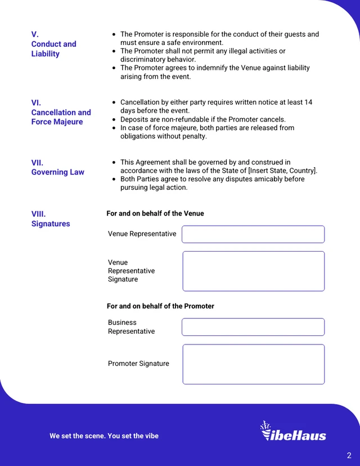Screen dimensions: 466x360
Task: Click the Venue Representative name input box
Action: pyautogui.click(x=253, y=234)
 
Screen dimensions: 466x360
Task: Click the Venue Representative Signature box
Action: pyautogui.click(x=253, y=271)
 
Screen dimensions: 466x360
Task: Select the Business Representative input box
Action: pyautogui.click(x=253, y=327)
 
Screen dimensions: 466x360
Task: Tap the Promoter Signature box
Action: pyautogui.click(x=253, y=364)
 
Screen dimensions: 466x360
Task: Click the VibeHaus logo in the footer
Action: pyautogui.click(x=293, y=431)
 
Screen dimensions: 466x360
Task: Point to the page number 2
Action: pyautogui.click(x=349, y=455)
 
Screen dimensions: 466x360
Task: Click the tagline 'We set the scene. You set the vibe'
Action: pyautogui.click(x=104, y=436)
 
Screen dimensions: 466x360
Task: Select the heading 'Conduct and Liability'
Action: pyautogui.click(x=53, y=49)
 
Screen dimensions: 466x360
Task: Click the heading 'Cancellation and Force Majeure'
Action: pyautogui.click(x=61, y=117)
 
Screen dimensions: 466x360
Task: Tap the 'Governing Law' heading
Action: pyautogui.click(x=57, y=172)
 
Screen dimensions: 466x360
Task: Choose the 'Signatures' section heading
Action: pyautogui.click(x=51, y=223)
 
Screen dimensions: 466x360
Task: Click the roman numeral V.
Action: pyautogui.click(x=35, y=34)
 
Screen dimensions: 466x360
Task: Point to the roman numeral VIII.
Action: pyautogui.click(x=38, y=214)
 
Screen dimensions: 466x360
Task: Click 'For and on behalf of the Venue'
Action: pyautogui.click(x=155, y=213)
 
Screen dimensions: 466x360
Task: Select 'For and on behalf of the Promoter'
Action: pyautogui.click(x=160, y=306)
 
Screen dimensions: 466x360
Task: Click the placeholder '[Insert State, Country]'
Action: pyautogui.click(x=283, y=171)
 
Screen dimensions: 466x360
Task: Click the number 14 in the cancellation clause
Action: pyautogui.click(x=308, y=102)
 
